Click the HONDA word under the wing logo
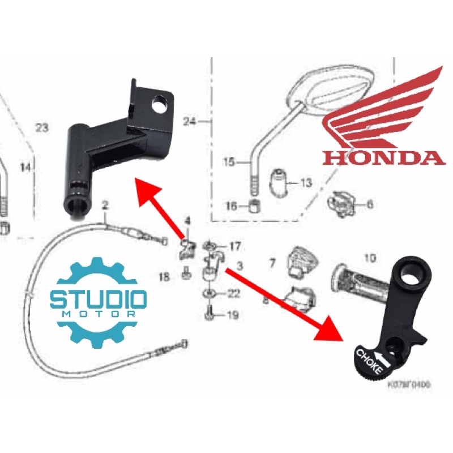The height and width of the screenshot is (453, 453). coord(384,156)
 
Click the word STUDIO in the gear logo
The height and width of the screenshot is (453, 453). coord(99,298)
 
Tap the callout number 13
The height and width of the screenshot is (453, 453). coord(306,183)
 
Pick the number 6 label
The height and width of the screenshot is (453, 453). coord(370,204)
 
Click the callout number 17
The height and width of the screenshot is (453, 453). coord(234,246)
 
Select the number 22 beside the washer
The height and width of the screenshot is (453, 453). coord(233,293)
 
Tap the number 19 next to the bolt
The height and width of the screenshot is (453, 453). coord(233,315)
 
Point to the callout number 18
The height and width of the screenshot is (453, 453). coord(164,277)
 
